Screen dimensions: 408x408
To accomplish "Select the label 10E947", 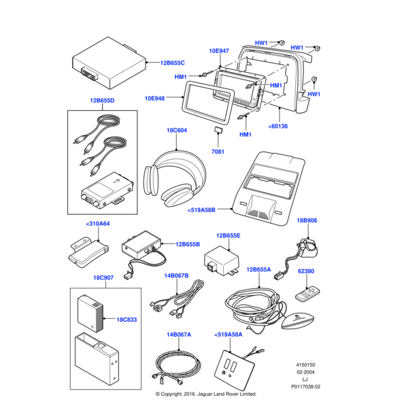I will tap(219, 51).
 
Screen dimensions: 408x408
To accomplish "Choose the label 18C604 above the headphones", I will tap(177, 130).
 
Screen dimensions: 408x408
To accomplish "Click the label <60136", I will tap(278, 126).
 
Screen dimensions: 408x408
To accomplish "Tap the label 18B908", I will tap(307, 221).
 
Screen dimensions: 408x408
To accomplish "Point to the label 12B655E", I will tap(228, 236).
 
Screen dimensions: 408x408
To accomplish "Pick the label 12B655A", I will tap(258, 269).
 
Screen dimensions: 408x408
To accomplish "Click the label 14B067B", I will tap(177, 275).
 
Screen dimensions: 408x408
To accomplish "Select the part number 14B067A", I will tap(179, 335).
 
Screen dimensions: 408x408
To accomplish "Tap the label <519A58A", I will tap(228, 335).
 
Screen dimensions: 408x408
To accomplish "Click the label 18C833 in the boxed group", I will tap(127, 319).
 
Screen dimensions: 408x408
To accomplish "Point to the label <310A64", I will tap(98, 223).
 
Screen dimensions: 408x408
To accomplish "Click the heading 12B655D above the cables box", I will tap(102, 100).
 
